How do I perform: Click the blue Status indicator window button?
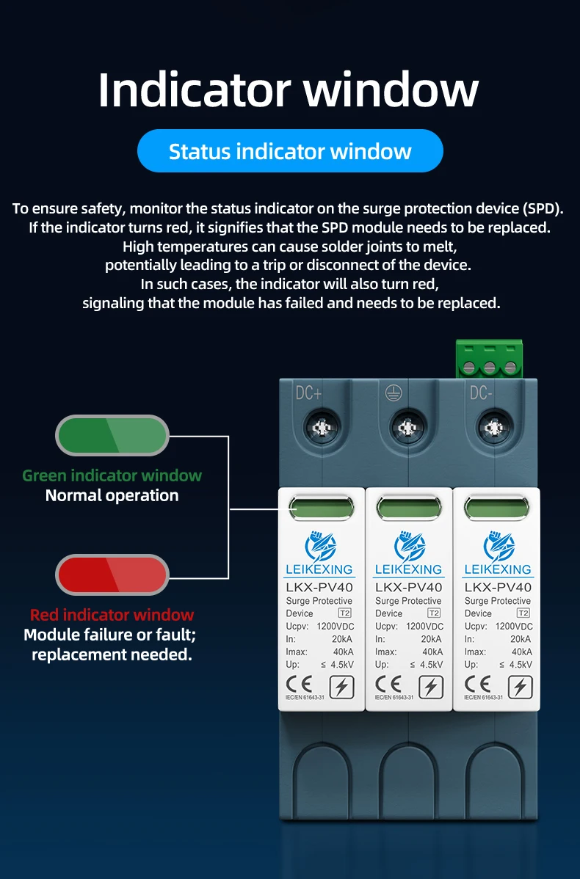point(290,151)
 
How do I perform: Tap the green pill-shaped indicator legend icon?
point(112,435)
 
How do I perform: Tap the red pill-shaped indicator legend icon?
point(112,575)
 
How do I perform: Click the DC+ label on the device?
point(308,393)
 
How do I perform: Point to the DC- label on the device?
point(481,393)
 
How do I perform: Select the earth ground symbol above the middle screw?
point(394,393)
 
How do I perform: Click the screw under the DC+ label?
point(321,426)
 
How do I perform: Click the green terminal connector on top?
point(488,359)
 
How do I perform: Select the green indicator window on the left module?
point(320,508)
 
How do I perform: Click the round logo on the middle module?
point(409,547)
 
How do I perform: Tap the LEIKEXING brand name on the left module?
point(319,569)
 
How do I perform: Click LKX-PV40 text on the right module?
point(498,587)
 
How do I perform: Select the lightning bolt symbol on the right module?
point(521,687)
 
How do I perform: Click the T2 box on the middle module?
point(434,613)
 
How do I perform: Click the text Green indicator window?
point(112,475)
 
